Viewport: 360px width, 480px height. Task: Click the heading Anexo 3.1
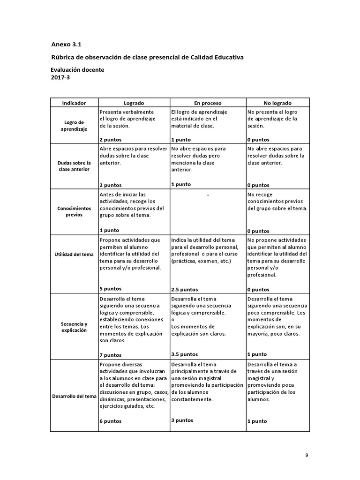(x=66, y=45)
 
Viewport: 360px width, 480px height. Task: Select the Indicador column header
(x=74, y=103)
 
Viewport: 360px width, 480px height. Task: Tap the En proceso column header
(x=208, y=103)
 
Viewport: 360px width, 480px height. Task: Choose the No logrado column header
(x=277, y=103)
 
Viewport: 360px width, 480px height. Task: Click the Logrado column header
(x=134, y=103)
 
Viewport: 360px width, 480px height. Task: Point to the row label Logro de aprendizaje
(x=74, y=126)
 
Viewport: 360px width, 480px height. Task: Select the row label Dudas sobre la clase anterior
(x=74, y=166)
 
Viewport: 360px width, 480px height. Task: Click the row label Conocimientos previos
(x=74, y=211)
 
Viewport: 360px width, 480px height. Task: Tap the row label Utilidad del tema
(x=74, y=254)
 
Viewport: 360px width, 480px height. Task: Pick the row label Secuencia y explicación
(x=74, y=327)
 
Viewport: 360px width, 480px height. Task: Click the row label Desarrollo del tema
(x=74, y=396)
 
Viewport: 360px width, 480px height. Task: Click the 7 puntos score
(x=110, y=355)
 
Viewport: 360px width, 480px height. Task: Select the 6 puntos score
(x=110, y=421)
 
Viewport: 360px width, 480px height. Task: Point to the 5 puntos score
(x=110, y=289)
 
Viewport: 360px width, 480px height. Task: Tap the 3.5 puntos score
(x=185, y=354)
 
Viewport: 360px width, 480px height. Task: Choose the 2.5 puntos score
(x=185, y=289)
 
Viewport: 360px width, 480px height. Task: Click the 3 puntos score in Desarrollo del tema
(x=182, y=420)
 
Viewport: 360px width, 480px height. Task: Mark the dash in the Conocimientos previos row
(x=208, y=195)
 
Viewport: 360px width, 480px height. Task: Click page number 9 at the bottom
(x=307, y=455)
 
